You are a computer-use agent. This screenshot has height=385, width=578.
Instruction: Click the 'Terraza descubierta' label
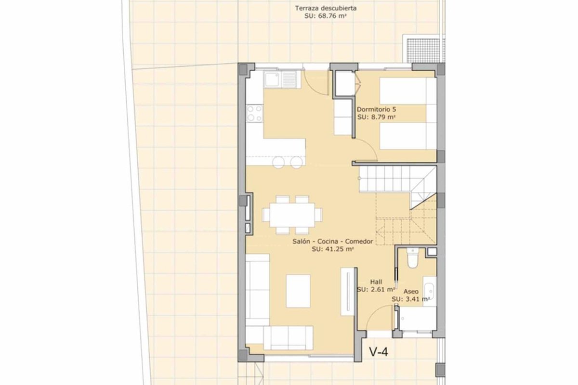coord(326,8)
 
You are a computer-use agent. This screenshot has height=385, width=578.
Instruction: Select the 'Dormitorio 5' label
coord(376,109)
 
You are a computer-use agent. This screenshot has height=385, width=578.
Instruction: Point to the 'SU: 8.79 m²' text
coord(376,117)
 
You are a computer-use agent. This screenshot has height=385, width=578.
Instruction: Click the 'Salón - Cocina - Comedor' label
coord(333,242)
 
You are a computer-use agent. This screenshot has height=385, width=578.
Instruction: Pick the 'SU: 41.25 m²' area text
coord(332,249)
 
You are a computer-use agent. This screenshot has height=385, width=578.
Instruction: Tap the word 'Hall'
coord(376,282)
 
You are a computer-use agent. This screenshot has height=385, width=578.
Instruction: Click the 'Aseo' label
coord(411,292)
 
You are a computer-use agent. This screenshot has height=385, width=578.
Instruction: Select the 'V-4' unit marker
coord(379,352)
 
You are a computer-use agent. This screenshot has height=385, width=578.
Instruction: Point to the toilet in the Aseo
coord(412,258)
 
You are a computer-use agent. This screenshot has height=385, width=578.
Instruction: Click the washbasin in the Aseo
coord(430,291)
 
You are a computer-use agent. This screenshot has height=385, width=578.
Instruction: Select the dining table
coord(292,215)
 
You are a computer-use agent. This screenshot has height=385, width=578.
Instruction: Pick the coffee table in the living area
coord(298,291)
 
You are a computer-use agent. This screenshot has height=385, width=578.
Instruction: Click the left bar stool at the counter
coord(279,163)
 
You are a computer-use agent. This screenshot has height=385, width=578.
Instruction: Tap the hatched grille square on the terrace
coord(423,51)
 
